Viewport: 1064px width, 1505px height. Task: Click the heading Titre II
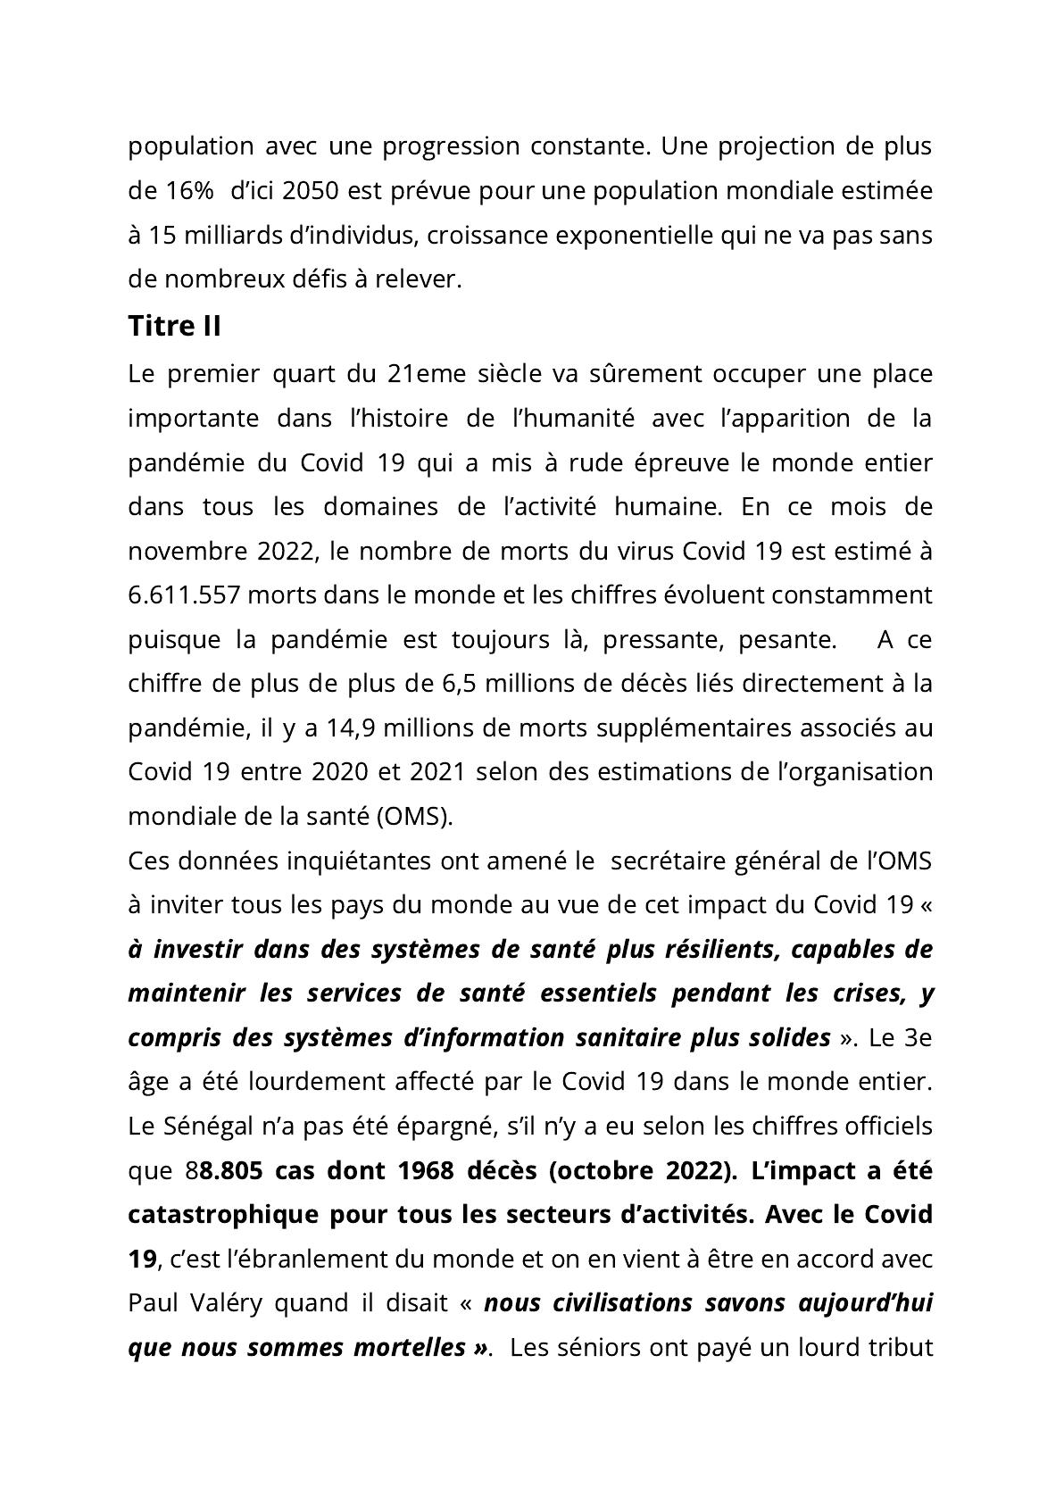[x=174, y=327]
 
